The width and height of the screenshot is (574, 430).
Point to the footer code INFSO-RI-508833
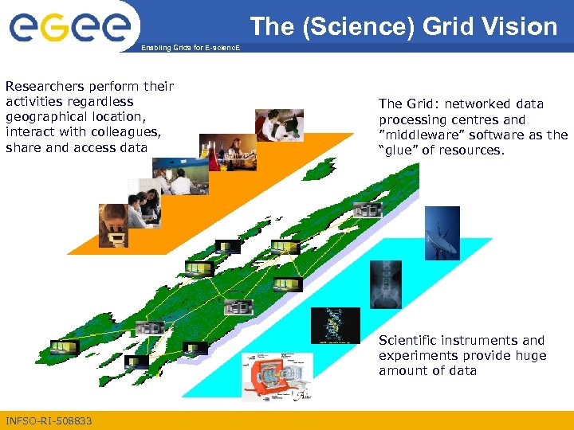[x=49, y=420]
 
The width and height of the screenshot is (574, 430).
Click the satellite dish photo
[x=442, y=232]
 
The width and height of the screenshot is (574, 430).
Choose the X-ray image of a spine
[x=386, y=284]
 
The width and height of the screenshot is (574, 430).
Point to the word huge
[x=529, y=355]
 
